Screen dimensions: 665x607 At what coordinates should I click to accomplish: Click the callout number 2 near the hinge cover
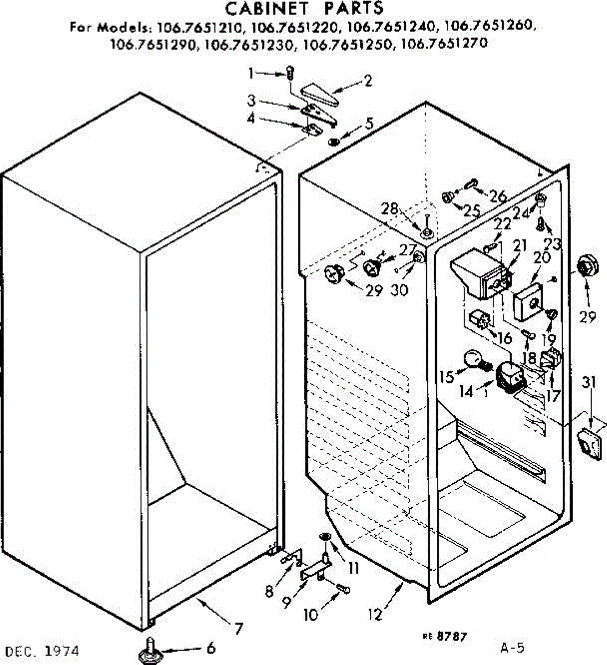coord(367,81)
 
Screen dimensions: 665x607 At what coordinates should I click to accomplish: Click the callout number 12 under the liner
coord(375,614)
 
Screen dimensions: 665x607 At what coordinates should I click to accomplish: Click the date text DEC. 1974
coord(43,650)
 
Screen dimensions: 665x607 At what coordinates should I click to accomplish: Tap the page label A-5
coord(512,647)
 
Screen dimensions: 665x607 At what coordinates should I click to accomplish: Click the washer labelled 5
coord(334,141)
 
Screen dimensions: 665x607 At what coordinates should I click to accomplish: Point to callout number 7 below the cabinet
coord(238,628)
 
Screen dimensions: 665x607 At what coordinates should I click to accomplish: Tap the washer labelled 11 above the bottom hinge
coord(325,536)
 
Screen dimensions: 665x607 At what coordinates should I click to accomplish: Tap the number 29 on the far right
coord(588,317)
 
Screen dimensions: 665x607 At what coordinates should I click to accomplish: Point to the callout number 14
coord(466,391)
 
